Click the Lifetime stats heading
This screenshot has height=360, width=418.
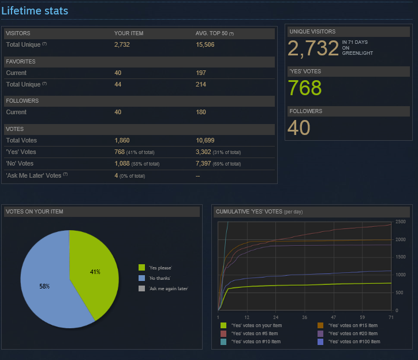coord(35,11)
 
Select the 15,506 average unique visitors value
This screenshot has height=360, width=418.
coord(206,44)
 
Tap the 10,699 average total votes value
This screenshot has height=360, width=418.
coord(206,140)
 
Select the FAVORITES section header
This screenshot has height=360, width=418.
coord(21,61)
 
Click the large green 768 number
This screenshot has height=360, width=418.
coord(304,88)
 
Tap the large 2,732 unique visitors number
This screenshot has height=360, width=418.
coord(313,48)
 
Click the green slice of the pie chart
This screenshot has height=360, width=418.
coord(92,268)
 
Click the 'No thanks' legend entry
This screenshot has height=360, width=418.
coord(160,277)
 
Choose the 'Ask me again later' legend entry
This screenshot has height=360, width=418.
coord(168,288)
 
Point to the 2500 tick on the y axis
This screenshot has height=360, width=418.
coord(400,222)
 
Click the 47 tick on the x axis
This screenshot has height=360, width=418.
coord(333,317)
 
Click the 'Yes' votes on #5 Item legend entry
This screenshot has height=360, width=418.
coord(254,333)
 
